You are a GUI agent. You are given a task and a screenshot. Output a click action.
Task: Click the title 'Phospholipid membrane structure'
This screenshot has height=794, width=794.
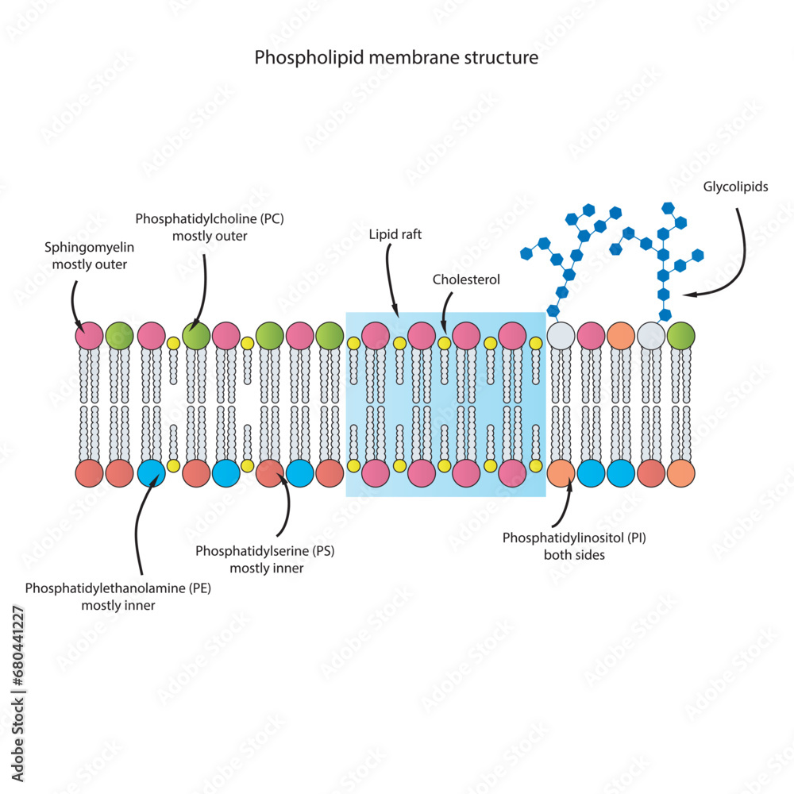coord(396,58)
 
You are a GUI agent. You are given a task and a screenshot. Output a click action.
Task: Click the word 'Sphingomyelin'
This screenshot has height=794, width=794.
coord(89,249)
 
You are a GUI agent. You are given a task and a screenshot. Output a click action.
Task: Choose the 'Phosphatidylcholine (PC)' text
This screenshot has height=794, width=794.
coord(209,218)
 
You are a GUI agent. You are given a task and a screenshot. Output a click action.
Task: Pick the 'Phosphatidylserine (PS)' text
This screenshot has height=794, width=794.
coord(265,549)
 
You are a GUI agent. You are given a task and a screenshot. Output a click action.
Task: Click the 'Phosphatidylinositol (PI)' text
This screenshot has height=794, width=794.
coord(574,538)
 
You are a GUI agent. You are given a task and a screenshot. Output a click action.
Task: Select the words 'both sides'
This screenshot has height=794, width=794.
coord(574,555)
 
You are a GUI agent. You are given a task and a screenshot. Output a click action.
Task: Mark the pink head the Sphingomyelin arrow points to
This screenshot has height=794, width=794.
coord(89,335)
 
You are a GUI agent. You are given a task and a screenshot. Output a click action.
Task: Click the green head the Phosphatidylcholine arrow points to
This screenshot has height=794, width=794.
coord(195,335)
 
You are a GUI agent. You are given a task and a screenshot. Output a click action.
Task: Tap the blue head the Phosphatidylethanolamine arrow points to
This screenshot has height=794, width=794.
coord(151,472)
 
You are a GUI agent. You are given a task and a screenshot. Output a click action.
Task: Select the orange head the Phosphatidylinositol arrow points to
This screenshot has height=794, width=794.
coord(561,472)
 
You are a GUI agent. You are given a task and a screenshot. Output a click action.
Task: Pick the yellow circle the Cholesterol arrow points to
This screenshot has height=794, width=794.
coord(445,343)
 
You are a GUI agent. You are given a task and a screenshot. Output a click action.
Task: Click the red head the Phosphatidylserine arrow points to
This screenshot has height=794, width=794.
coord(269,472)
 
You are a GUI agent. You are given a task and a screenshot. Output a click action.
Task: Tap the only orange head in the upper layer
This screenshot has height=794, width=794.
coord(621,335)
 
